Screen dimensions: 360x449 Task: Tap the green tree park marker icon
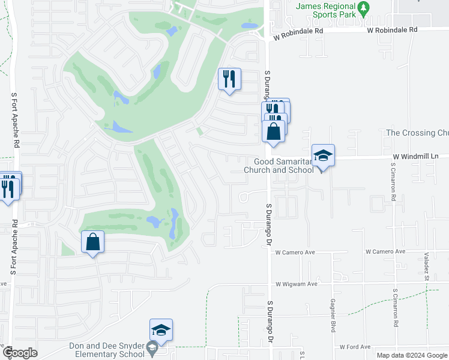[363, 9]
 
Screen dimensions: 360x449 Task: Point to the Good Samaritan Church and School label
[279, 166]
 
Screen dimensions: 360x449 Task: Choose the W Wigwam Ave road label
[296, 284]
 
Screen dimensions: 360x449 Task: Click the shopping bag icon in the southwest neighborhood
[92, 242]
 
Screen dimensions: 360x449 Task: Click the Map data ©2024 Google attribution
[411, 355]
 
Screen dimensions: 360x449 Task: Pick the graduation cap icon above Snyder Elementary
[161, 330]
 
